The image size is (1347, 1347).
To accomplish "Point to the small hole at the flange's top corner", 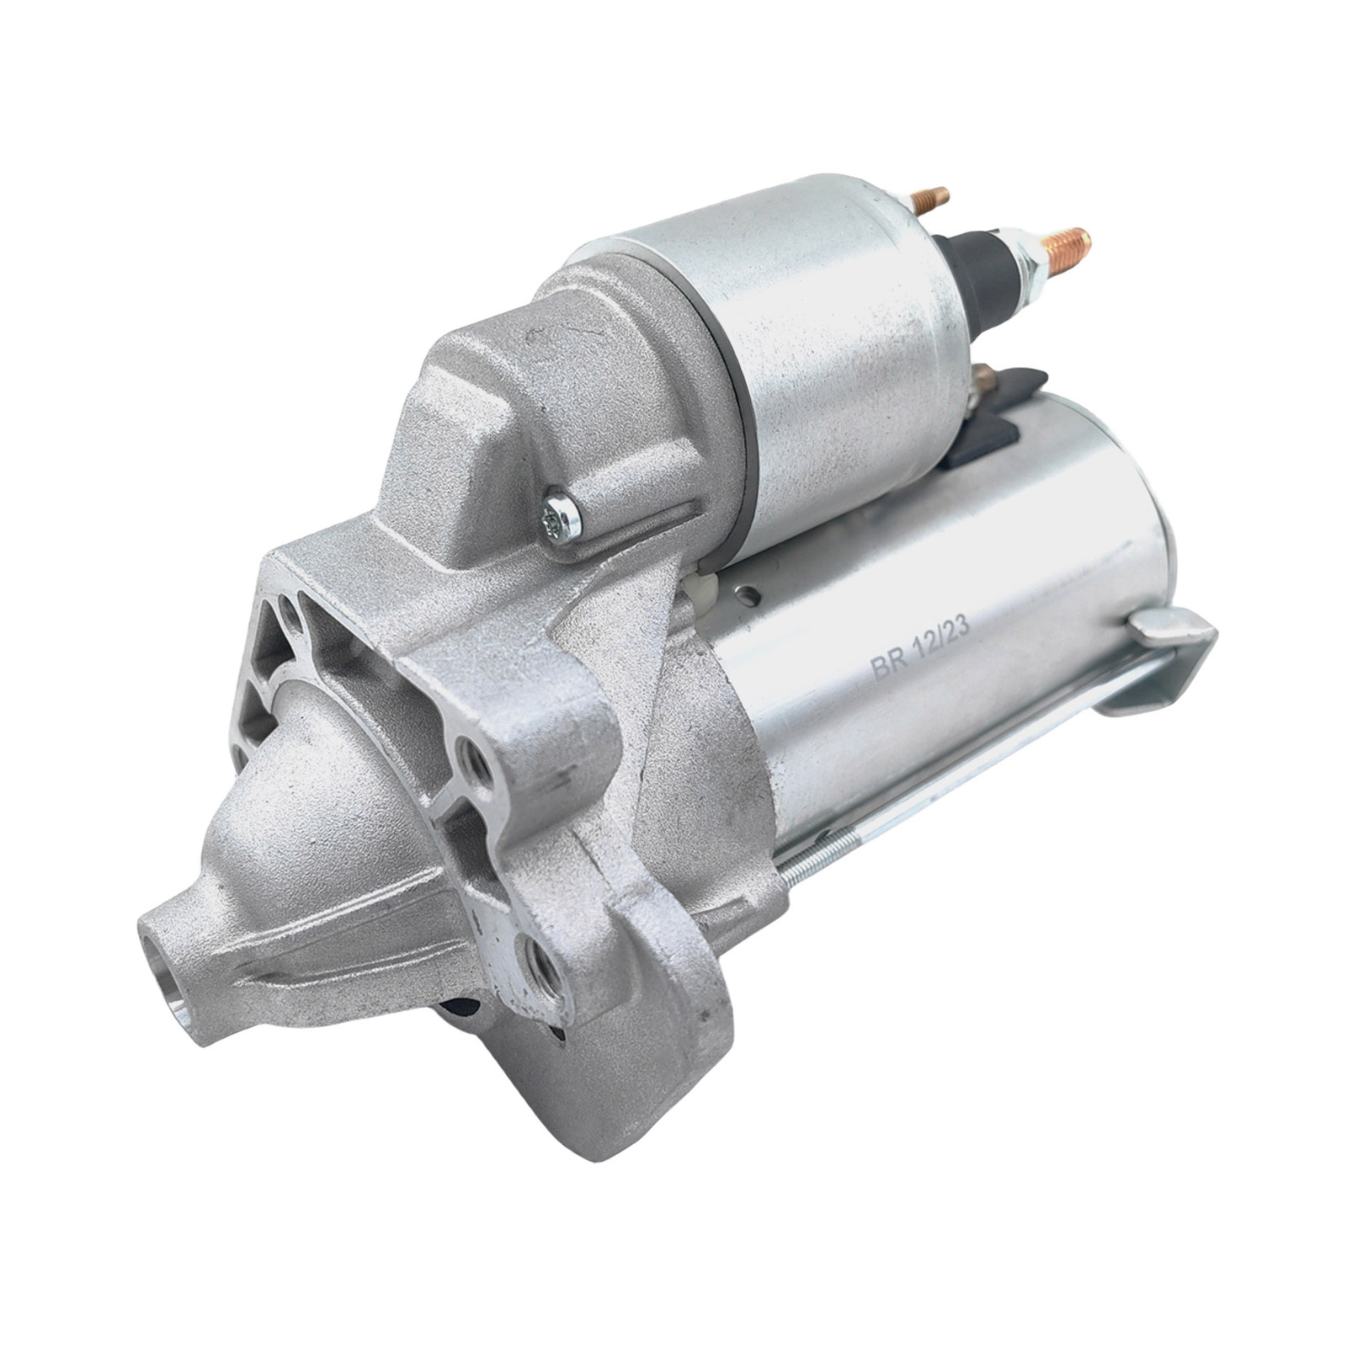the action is pyautogui.click(x=288, y=607).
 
